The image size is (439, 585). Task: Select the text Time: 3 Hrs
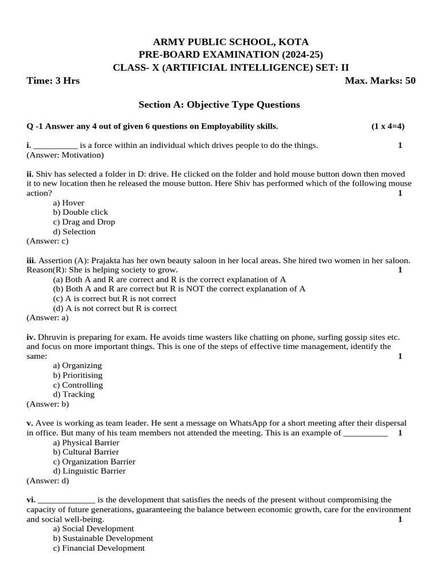click(53, 81)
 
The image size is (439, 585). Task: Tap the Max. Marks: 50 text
click(380, 81)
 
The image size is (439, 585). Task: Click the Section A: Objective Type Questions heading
click(219, 105)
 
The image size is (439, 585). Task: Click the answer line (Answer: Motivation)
click(65, 155)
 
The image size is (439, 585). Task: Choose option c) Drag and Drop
click(84, 222)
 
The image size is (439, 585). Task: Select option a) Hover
click(69, 203)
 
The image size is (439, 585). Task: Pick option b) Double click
click(81, 212)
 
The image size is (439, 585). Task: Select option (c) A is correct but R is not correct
click(114, 299)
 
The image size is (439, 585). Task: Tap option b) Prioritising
click(78, 375)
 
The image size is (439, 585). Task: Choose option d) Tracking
click(74, 394)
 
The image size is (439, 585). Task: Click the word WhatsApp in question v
click(252, 423)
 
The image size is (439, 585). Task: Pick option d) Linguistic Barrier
click(89, 471)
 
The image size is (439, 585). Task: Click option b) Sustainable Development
click(103, 538)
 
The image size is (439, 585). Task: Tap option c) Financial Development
click(99, 548)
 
